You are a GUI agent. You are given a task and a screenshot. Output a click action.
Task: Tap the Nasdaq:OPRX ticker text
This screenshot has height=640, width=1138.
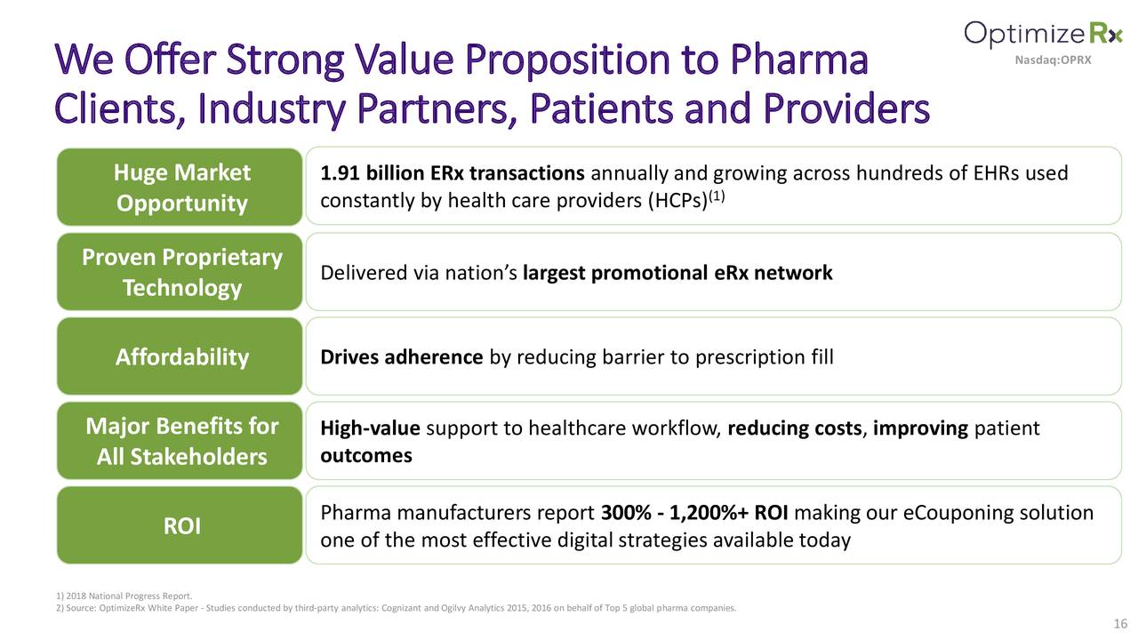[1053, 60]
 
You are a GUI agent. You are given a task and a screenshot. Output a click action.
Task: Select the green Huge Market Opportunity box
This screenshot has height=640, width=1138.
[180, 187]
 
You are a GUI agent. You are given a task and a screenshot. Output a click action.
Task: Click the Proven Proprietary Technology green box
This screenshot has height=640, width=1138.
[180, 272]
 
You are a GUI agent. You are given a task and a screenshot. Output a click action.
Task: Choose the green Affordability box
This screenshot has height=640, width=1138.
[180, 356]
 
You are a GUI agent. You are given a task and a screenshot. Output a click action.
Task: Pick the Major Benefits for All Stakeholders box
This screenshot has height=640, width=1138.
[180, 441]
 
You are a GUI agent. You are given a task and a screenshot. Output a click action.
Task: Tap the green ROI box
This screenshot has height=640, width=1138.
[180, 526]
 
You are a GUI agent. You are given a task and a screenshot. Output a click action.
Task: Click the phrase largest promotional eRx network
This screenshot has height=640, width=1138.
[677, 273]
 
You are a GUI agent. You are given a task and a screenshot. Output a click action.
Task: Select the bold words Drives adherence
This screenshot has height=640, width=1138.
[401, 357]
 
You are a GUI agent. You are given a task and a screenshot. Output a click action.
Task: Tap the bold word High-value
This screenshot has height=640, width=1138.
[370, 429]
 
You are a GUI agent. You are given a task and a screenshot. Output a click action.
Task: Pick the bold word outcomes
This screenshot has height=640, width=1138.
[365, 455]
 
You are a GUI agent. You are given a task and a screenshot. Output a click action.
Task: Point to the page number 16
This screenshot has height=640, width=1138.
[1119, 624]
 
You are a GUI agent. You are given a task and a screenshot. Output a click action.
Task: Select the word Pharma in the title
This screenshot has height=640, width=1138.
[799, 60]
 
